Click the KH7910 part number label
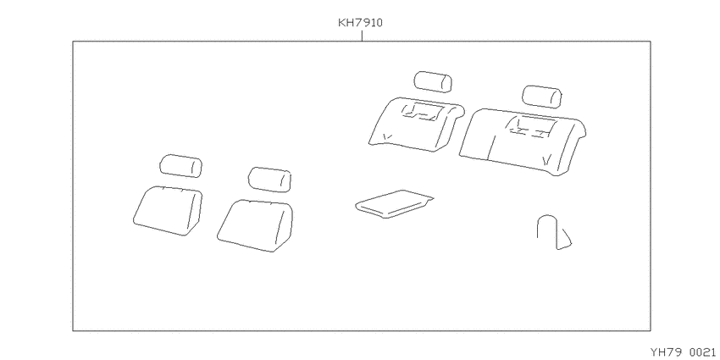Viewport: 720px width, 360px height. (360, 23)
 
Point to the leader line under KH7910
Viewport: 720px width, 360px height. (362, 36)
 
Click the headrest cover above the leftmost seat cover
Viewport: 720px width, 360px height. (181, 166)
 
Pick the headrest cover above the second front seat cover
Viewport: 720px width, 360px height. (269, 179)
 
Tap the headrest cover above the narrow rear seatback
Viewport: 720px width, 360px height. (433, 81)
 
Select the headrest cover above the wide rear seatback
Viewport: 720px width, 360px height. (542, 97)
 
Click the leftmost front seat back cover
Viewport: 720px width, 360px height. (168, 210)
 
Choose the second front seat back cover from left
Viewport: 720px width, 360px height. (255, 225)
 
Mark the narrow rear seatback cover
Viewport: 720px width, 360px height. (417, 124)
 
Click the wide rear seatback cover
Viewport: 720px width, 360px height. (523, 141)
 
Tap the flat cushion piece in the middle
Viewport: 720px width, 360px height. (395, 204)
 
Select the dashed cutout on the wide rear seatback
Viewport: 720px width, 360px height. (533, 127)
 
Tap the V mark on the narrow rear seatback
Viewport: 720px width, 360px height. (387, 136)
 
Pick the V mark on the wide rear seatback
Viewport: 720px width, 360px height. (546, 161)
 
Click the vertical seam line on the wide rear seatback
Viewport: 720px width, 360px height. (490, 147)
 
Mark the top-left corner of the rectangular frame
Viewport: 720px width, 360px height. (73, 42)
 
